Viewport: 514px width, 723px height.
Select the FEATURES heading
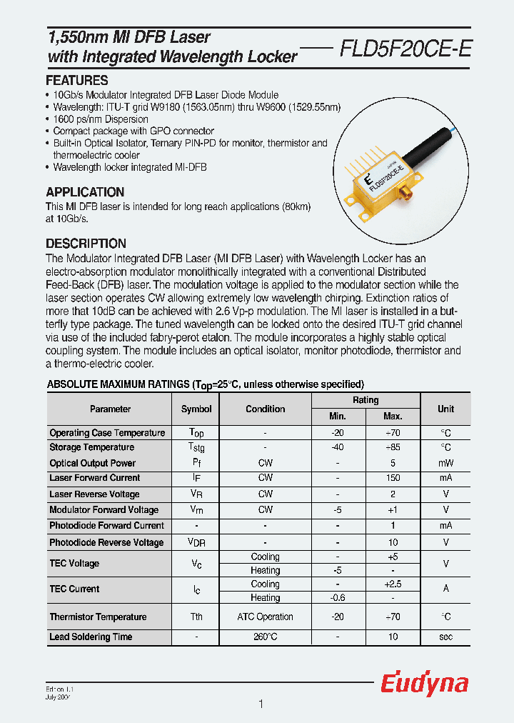[77, 80]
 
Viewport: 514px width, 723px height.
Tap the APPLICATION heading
[85, 192]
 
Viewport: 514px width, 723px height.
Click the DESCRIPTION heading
[86, 243]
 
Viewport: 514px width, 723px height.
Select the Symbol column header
[196, 409]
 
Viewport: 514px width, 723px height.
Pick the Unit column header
[445, 409]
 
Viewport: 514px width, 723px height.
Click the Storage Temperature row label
[91, 447]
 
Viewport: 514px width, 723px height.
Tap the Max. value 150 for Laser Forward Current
[393, 478]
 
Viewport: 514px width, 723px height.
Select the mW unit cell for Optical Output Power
[445, 463]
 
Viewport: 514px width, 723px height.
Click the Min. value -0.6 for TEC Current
[338, 598]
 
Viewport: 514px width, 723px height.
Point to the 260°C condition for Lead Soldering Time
[265, 637]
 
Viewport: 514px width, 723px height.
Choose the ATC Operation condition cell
[265, 617]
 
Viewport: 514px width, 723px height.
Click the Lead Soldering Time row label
[91, 637]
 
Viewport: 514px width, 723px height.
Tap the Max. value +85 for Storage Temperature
[393, 447]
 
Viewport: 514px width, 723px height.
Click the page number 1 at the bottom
[261, 704]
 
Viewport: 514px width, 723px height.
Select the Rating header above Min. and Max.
[366, 400]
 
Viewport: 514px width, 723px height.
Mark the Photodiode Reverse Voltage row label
[106, 542]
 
